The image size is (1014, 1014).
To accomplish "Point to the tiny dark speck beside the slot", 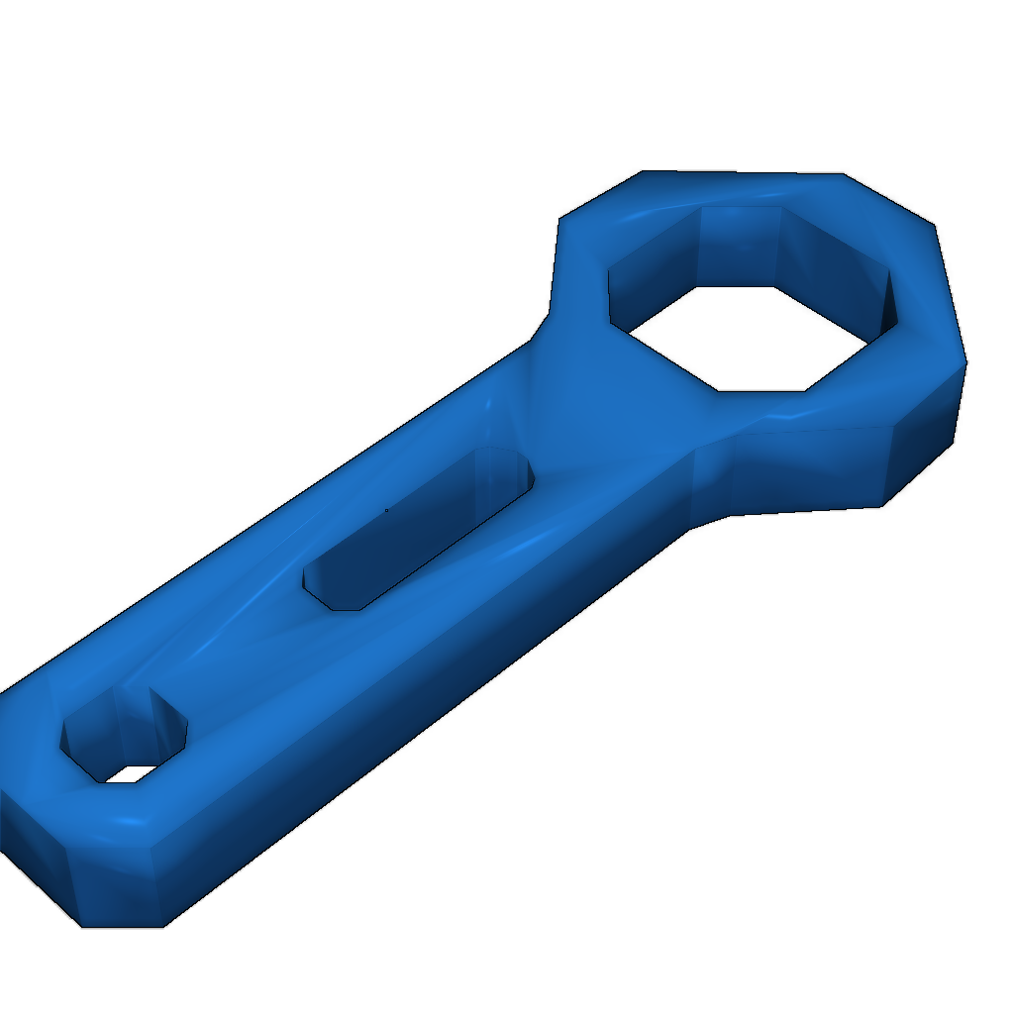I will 386,510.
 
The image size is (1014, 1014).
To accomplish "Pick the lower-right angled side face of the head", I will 926,446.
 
